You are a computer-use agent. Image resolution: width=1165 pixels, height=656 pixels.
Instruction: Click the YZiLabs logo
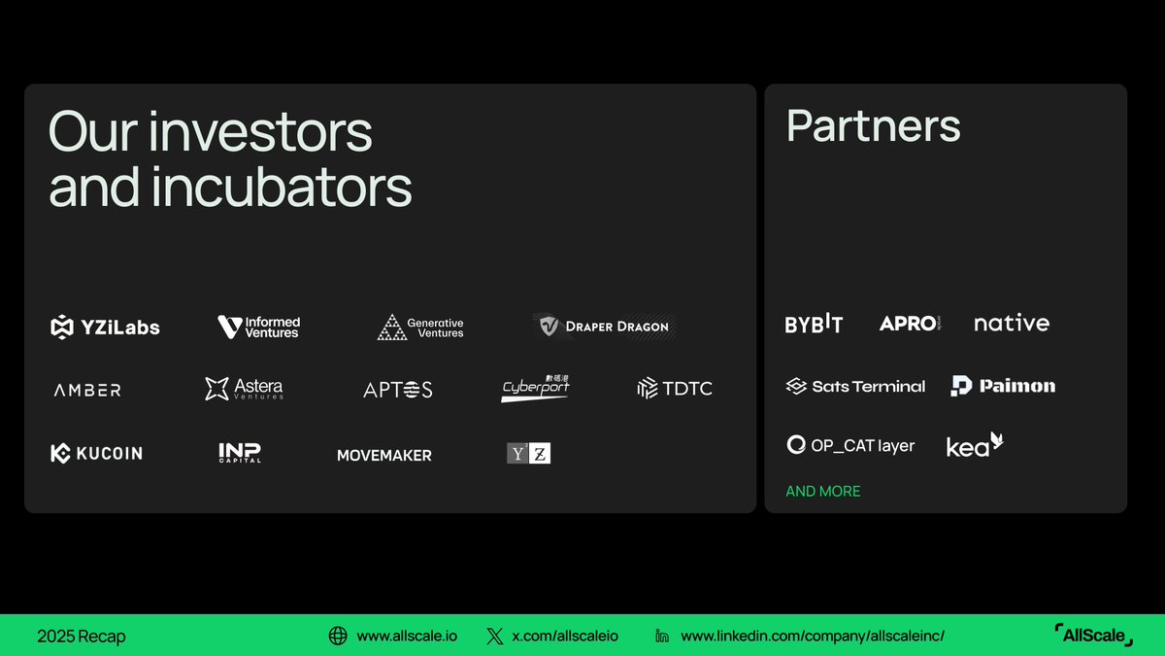105,328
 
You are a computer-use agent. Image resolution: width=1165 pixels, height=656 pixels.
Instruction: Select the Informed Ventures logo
259,328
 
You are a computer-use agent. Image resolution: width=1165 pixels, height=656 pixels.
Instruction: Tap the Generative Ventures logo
420,328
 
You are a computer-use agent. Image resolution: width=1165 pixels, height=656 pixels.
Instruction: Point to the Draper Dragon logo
602,327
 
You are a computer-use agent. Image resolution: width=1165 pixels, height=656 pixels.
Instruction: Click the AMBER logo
87,390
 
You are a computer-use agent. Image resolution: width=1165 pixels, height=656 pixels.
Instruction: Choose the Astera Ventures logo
245,389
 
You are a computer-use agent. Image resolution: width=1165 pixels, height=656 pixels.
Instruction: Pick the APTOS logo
398,390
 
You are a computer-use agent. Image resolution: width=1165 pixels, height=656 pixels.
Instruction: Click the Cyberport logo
536,388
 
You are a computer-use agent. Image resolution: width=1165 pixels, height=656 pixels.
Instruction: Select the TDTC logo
675,389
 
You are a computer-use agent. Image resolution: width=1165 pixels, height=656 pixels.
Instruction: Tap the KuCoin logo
96,453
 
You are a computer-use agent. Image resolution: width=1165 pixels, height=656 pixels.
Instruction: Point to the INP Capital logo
240,453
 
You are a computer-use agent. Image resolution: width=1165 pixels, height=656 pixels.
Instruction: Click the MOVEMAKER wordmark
384,455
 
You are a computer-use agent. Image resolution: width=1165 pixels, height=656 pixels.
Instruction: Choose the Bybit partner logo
814,324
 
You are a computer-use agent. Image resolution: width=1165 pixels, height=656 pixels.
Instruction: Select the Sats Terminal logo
855,386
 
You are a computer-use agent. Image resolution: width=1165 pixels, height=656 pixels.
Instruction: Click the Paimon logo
1003,386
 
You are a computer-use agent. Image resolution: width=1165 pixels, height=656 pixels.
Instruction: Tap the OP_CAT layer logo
850,445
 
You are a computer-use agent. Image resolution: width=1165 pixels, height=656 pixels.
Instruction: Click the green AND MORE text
823,492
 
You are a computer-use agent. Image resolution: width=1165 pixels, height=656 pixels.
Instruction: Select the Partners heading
873,126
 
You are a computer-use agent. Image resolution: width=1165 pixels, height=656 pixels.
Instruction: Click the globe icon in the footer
338,637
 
